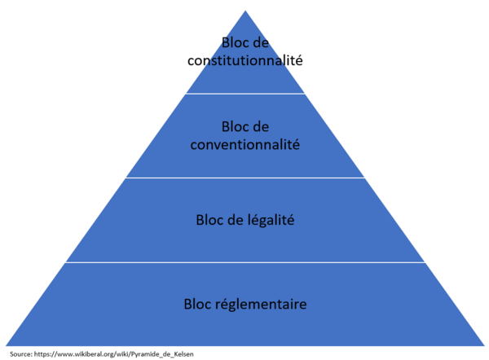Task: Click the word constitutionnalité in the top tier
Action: click(244, 60)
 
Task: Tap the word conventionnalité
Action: click(244, 145)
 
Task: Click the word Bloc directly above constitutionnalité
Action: click(234, 42)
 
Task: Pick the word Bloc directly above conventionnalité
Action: click(234, 127)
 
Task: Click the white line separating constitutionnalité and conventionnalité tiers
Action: click(244, 93)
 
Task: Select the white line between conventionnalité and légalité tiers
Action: click(244, 178)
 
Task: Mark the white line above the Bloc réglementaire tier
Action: click(244, 262)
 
